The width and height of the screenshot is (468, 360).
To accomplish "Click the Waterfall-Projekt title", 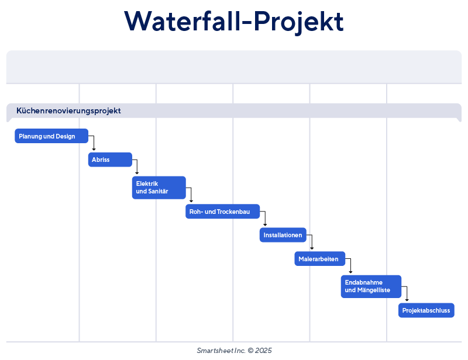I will click(x=234, y=22).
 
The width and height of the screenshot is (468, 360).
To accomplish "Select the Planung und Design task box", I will click(x=51, y=136).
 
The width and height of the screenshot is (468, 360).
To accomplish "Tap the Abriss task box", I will click(x=110, y=160).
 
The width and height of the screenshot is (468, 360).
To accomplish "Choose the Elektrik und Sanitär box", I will click(x=159, y=188).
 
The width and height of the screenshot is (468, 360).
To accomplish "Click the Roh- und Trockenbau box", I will click(x=223, y=212).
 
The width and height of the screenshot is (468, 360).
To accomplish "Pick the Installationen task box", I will click(x=283, y=235).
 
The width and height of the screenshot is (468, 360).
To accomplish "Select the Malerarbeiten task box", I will click(x=319, y=259).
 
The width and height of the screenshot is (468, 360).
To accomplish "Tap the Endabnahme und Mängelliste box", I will click(x=371, y=286).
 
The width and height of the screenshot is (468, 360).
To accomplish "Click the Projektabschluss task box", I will click(x=426, y=310).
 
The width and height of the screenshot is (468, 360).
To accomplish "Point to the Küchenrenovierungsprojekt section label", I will click(x=69, y=110).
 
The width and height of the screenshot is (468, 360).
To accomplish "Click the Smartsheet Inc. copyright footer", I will click(x=234, y=350).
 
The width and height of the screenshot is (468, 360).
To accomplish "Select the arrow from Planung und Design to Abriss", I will click(x=94, y=143).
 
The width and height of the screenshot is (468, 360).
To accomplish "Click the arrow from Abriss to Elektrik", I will click(x=137, y=167).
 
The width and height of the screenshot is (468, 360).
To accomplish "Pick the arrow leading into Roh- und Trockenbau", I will click(x=191, y=195).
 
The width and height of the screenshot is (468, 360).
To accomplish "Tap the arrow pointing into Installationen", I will click(x=265, y=219).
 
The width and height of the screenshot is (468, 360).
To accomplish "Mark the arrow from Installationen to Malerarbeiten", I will click(x=312, y=243).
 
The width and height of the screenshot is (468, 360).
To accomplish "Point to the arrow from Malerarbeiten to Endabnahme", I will click(x=350, y=266).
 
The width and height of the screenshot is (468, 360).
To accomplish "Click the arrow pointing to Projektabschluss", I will click(x=407, y=294).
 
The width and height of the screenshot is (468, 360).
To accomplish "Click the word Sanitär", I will click(x=157, y=192).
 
